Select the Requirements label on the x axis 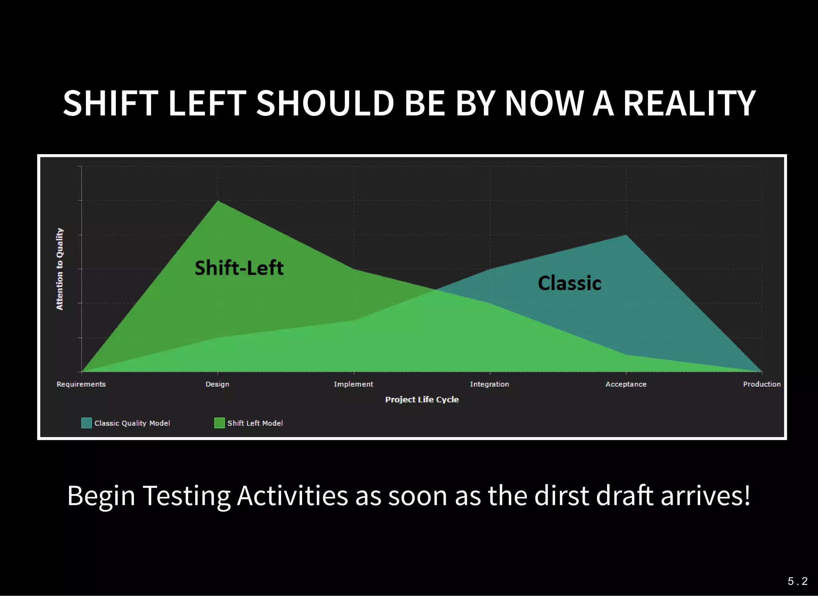pyautogui.click(x=81, y=384)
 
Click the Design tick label pyautogui.click(x=217, y=384)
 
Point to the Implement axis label pyautogui.click(x=353, y=384)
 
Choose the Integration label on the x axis pyautogui.click(x=489, y=384)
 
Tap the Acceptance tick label pyautogui.click(x=626, y=384)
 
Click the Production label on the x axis pyautogui.click(x=762, y=384)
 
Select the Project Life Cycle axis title pyautogui.click(x=422, y=399)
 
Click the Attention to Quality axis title pyautogui.click(x=60, y=269)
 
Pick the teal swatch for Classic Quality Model pyautogui.click(x=86, y=423)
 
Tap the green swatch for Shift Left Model pyautogui.click(x=219, y=423)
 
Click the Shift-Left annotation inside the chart pyautogui.click(x=239, y=268)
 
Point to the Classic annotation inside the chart pyautogui.click(x=570, y=283)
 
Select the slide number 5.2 pyautogui.click(x=797, y=581)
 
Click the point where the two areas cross pyautogui.click(x=435, y=289)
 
